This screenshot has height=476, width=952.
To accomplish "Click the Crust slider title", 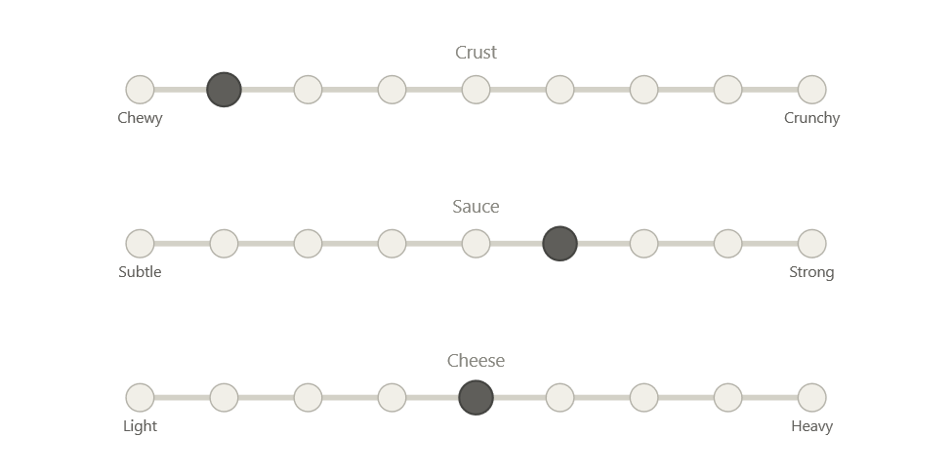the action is [x=476, y=53].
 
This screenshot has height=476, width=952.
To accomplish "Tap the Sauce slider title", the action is [x=476, y=207].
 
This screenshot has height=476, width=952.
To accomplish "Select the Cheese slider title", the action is [x=476, y=361].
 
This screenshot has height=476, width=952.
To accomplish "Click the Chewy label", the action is [x=140, y=118].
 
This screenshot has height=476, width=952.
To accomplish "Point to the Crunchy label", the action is [x=812, y=118].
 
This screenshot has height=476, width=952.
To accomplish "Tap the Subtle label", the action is [x=140, y=272].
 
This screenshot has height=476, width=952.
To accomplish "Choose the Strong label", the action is [x=812, y=272].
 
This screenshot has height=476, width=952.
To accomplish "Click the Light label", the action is [x=140, y=426].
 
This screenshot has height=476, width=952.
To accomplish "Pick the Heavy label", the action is [x=812, y=426].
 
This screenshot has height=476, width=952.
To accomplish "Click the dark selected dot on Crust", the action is [x=224, y=90].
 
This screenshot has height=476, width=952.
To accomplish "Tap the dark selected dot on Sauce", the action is [x=560, y=244].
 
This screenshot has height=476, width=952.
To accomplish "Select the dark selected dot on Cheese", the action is [x=476, y=398].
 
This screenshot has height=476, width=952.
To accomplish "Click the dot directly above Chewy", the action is [x=140, y=90].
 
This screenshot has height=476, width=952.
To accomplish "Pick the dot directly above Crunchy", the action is [x=812, y=90].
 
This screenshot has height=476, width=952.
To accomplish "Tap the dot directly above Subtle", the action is [x=140, y=244].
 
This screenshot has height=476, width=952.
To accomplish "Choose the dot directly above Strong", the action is [x=812, y=244].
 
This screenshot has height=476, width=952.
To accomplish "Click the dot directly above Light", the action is [x=140, y=398].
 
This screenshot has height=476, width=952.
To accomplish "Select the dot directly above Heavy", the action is [x=812, y=398].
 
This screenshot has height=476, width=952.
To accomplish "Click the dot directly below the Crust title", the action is [x=476, y=90].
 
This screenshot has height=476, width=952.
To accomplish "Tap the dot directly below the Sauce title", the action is [x=476, y=244].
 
